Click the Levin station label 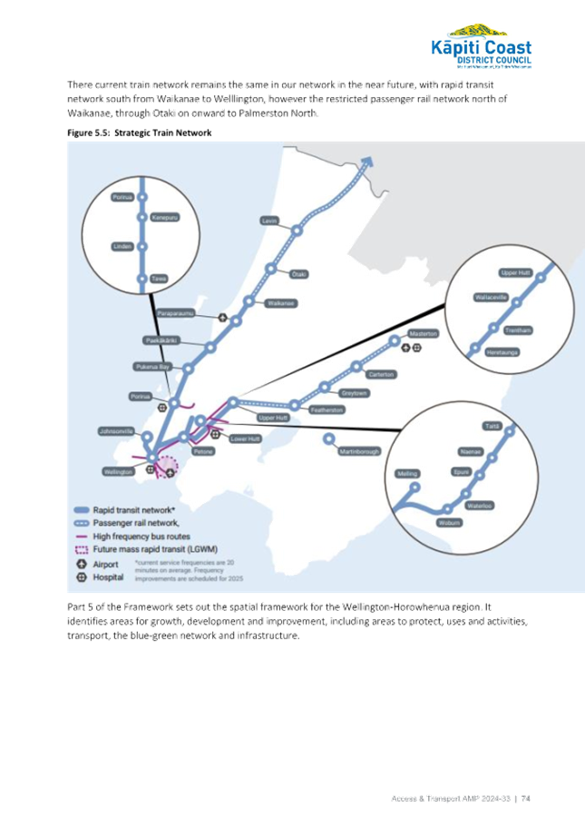coord(268,222)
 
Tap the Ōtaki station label coord(298,274)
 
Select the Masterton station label coord(424,334)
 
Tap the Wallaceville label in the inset coord(491,297)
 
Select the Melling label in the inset coord(406,474)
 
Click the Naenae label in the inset coord(471,451)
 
